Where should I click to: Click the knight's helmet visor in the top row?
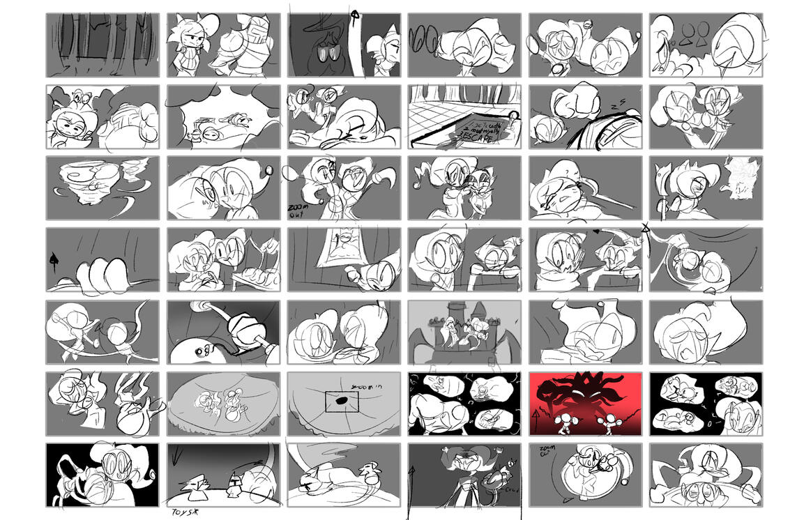point(253,35)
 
